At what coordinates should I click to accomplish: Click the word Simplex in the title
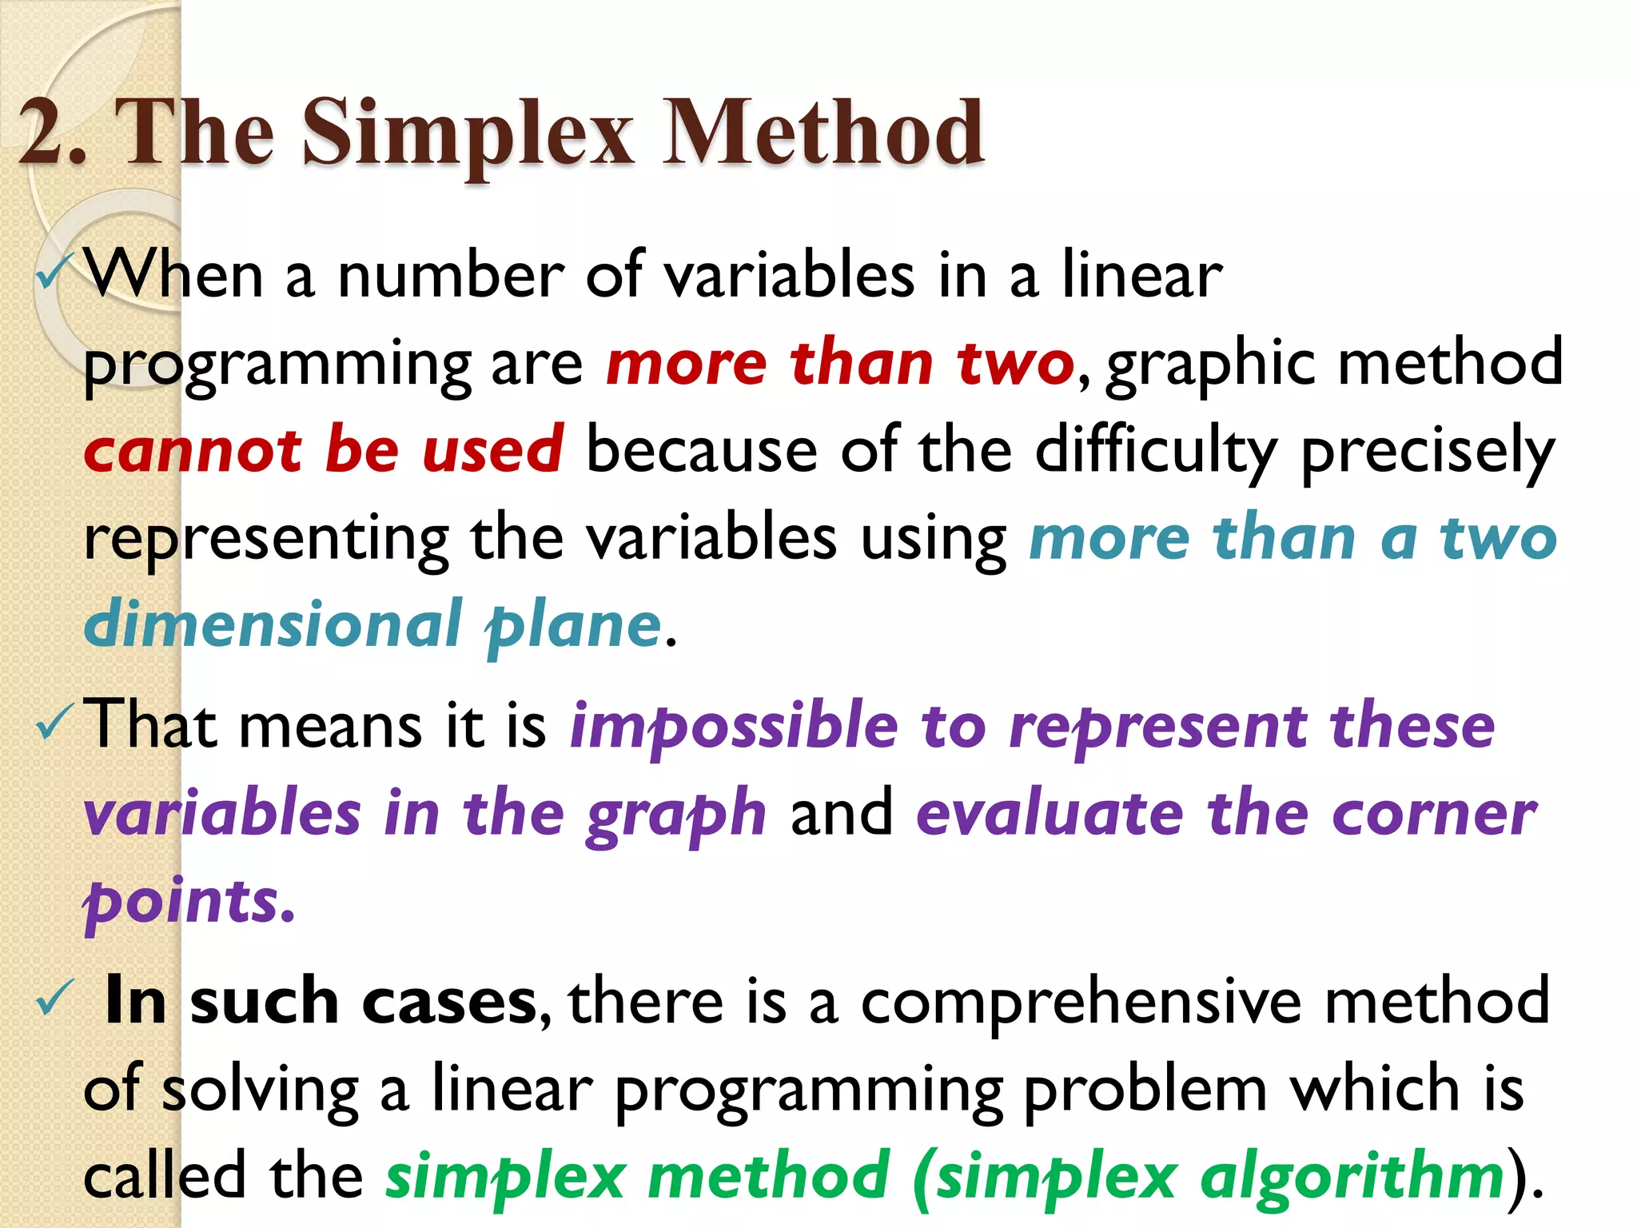click(468, 132)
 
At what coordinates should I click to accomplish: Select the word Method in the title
click(823, 132)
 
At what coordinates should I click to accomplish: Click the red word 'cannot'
click(193, 450)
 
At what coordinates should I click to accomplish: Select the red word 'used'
click(493, 450)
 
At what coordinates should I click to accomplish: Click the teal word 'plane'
click(574, 627)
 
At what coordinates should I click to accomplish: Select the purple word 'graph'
click(676, 816)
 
